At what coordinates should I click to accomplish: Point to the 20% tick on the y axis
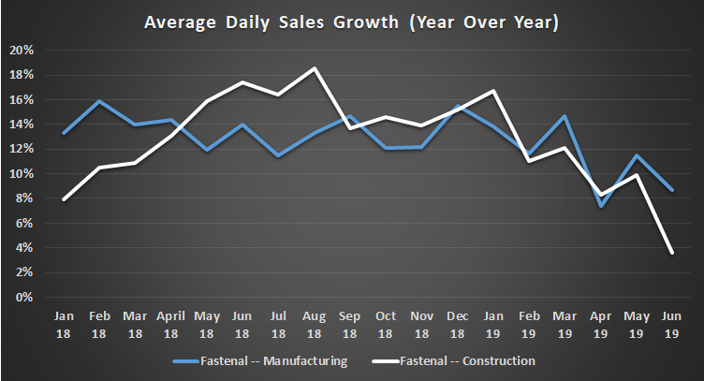tap(22, 50)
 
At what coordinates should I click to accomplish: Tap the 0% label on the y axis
tap(25, 298)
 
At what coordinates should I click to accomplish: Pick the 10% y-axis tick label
tap(22, 174)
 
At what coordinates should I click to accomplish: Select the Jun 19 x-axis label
tap(670, 323)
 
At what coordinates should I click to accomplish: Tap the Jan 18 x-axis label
tap(63, 323)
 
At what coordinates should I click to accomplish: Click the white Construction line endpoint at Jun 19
tap(670, 252)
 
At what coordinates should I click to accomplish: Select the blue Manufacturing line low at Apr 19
tap(600, 206)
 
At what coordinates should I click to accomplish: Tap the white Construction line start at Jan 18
tap(63, 199)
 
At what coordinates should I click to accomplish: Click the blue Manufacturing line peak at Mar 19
tap(565, 116)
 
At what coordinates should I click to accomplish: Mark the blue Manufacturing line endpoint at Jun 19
tap(670, 190)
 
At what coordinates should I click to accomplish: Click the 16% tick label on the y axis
tap(22, 99)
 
